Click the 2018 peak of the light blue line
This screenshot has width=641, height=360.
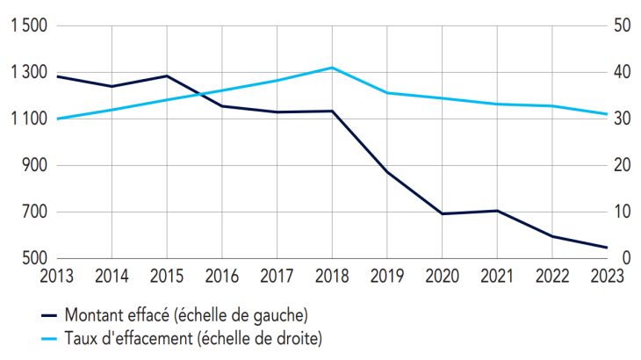pyautogui.click(x=332, y=68)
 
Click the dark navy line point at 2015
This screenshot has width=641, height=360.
pyautogui.click(x=167, y=76)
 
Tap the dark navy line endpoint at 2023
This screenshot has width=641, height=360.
pyautogui.click(x=607, y=248)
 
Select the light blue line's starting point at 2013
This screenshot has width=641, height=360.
pyautogui.click(x=57, y=119)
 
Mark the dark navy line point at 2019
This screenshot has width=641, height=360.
pyautogui.click(x=387, y=172)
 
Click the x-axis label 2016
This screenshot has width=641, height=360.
pyautogui.click(x=221, y=276)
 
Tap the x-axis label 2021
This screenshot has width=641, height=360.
pyautogui.click(x=497, y=276)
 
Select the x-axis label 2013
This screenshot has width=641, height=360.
pyautogui.click(x=57, y=276)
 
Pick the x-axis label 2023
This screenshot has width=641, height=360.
pyautogui.click(x=607, y=276)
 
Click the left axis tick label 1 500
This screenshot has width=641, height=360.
pyautogui.click(x=28, y=26)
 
